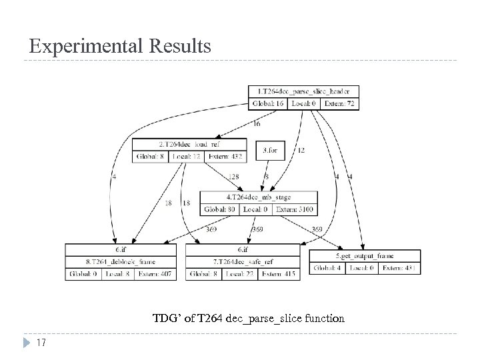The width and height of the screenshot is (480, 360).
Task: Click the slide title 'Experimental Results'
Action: (120, 46)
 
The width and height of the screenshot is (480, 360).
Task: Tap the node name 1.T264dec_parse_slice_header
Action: (303, 91)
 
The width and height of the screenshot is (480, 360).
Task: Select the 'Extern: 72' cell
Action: (339, 103)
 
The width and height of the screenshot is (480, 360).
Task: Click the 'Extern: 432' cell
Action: (225, 157)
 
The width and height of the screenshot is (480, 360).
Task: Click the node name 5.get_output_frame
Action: (365, 255)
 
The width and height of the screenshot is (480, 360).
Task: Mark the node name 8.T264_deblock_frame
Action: (121, 261)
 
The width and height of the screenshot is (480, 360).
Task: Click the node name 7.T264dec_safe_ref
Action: (243, 261)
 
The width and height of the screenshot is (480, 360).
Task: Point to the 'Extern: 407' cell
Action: (156, 273)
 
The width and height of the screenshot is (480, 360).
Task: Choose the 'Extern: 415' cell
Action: (279, 273)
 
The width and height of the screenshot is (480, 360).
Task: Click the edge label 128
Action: (234, 177)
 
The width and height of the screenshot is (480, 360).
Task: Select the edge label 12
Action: (301, 151)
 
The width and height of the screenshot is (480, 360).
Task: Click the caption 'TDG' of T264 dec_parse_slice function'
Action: (249, 319)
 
